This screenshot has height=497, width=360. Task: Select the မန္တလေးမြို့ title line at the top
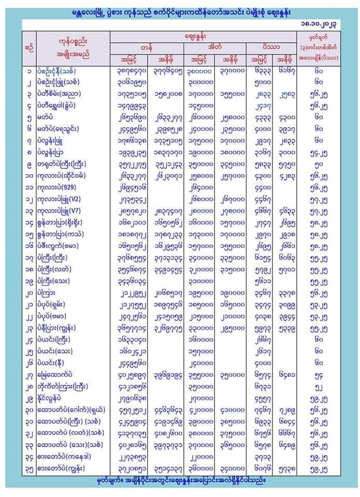180,11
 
